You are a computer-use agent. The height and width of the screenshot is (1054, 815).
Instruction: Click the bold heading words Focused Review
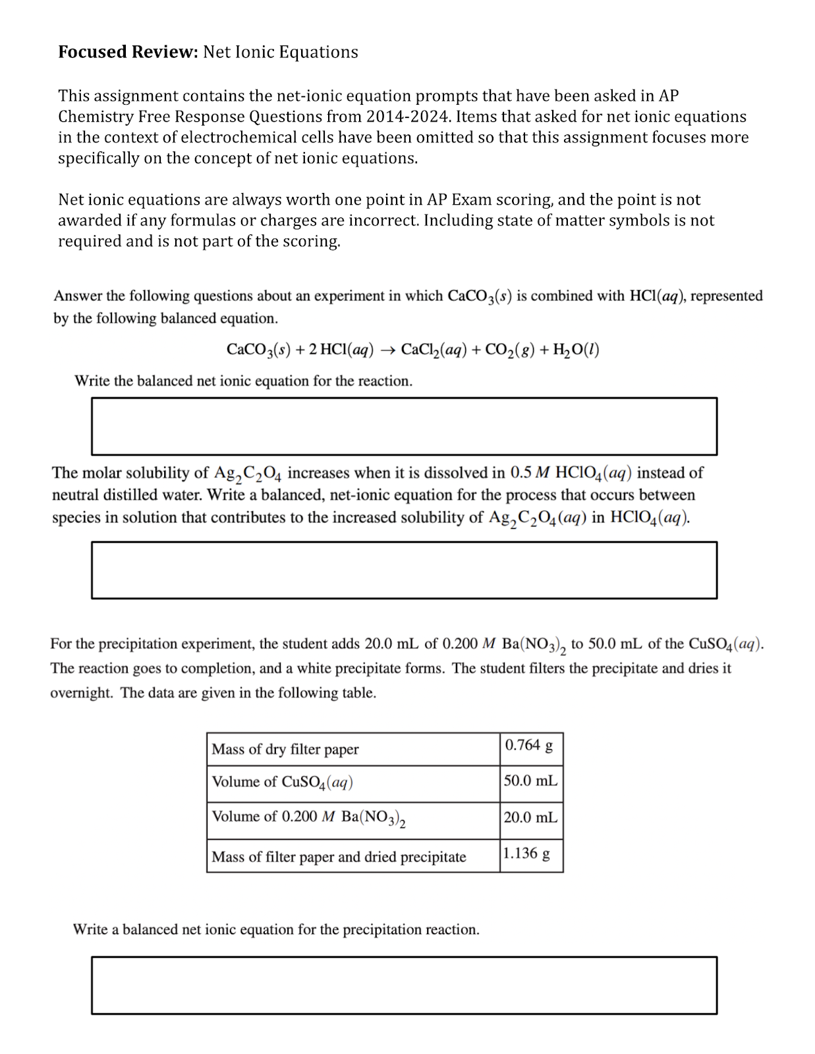(128, 52)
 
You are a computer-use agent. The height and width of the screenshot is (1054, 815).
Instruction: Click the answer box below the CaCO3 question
(404, 426)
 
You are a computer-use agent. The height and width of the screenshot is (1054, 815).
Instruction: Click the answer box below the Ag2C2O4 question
(404, 570)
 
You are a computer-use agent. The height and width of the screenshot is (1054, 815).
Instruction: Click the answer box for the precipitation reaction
(404, 985)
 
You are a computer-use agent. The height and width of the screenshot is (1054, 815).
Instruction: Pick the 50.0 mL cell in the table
(530, 781)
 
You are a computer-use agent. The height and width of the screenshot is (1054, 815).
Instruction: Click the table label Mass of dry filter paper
(285, 749)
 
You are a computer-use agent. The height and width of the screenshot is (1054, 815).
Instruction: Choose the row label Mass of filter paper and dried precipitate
(339, 857)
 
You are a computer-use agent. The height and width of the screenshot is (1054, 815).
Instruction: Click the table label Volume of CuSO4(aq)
(282, 783)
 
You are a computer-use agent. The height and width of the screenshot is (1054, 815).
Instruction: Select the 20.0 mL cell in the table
(530, 818)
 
